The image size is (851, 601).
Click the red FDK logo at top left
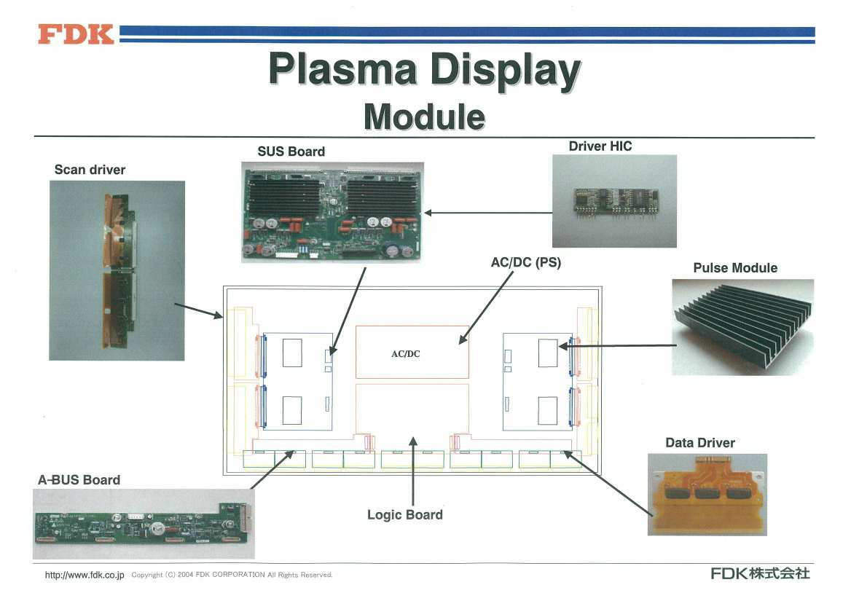pos(76,34)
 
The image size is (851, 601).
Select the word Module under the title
pos(425,117)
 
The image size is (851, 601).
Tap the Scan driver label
pos(90,170)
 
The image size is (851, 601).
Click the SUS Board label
pos(291,152)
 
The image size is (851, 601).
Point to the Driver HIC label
pos(600,146)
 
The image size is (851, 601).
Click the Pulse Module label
pos(735,267)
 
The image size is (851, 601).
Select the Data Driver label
pos(700,443)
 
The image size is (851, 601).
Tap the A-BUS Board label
pos(79,479)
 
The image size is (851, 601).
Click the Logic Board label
pos(405,515)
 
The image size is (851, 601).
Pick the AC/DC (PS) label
pos(526,262)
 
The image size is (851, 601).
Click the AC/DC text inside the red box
pos(405,353)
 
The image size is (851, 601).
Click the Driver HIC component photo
pos(614,201)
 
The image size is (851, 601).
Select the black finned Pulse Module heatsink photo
pos(743,327)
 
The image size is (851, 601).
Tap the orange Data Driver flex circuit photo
pos(707,495)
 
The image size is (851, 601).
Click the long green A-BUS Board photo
pos(144,524)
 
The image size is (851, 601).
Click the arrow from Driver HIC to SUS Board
pos(488,213)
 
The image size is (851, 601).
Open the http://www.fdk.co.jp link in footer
pos(85,575)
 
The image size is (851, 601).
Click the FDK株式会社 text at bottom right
pos(761,573)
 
